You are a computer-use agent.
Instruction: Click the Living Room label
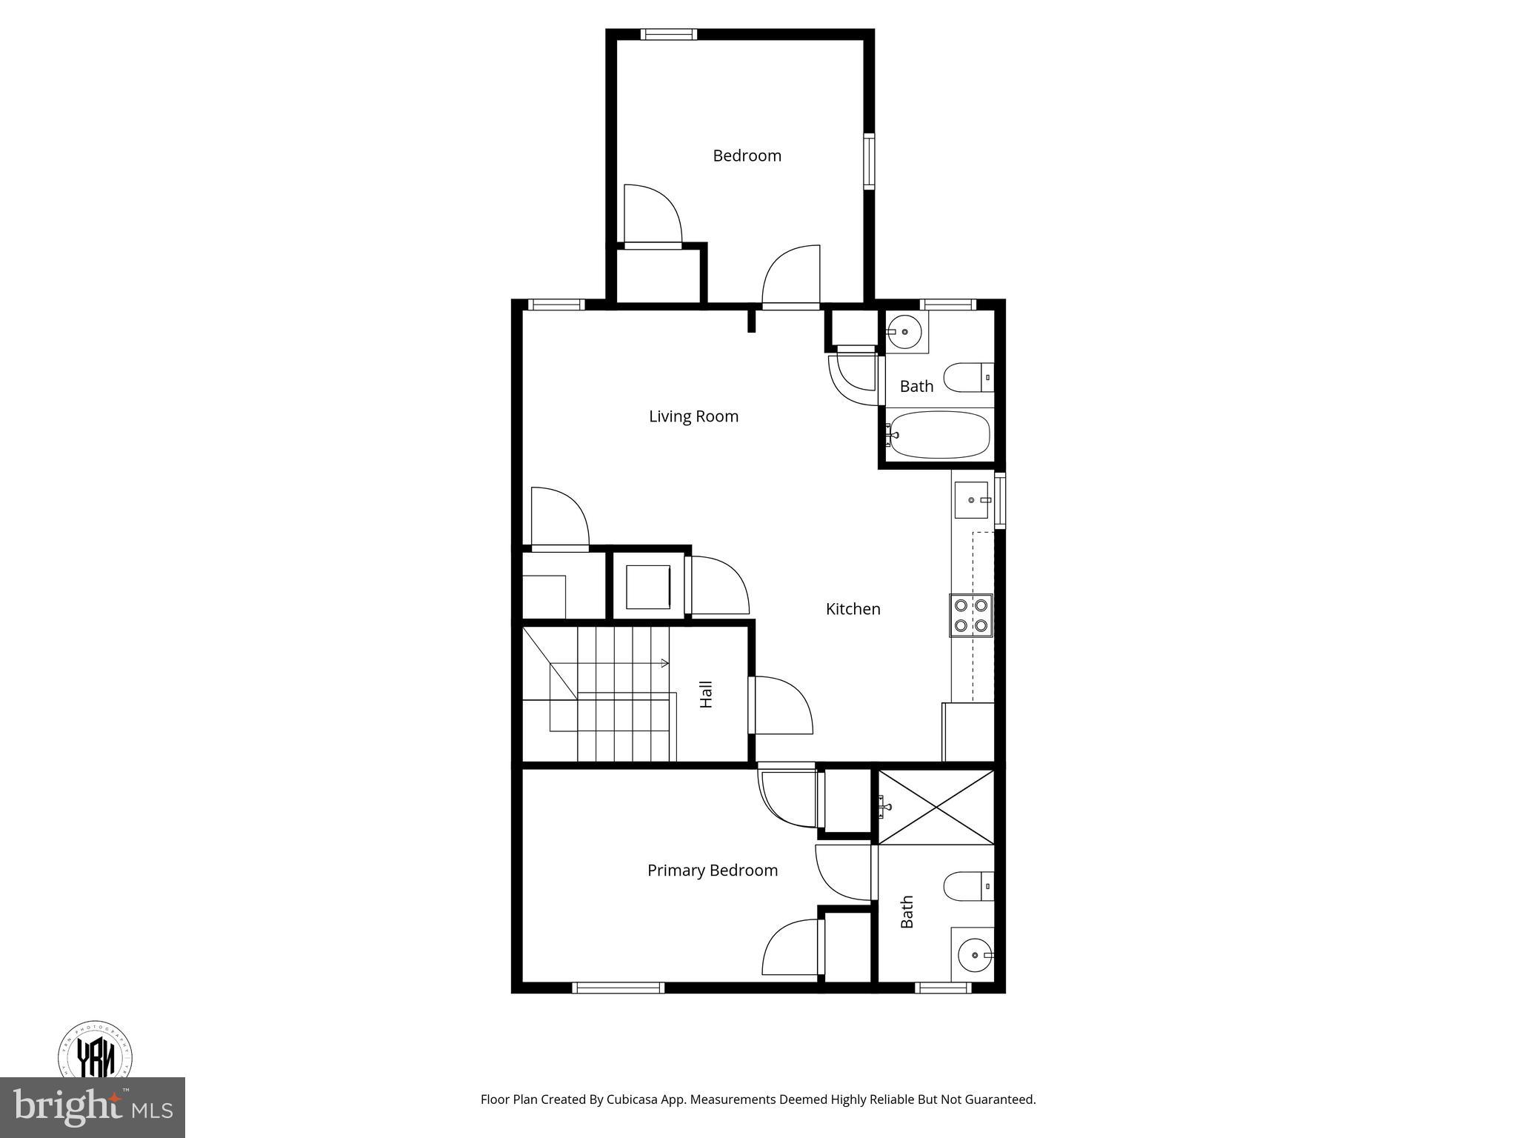[693, 416]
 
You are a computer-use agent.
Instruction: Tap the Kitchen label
[853, 609]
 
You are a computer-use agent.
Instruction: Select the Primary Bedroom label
[712, 871]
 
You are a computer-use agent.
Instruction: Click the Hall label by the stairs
[706, 694]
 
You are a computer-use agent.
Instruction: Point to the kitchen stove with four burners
[971, 615]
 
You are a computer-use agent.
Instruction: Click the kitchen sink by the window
[971, 499]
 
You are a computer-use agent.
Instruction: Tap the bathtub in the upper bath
[939, 435]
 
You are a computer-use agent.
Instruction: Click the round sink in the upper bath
[904, 332]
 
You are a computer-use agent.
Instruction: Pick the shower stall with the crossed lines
[936, 806]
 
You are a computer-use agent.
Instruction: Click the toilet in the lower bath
[967, 886]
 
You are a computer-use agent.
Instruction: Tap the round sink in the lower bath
[973, 956]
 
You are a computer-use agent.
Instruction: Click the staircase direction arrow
[664, 663]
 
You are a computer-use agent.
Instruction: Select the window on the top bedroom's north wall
[668, 34]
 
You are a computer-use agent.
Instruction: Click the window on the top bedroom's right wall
[869, 161]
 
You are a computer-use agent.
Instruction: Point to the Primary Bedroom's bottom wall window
[618, 987]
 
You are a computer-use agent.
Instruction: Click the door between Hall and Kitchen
[753, 705]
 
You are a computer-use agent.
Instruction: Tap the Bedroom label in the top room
[747, 156]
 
